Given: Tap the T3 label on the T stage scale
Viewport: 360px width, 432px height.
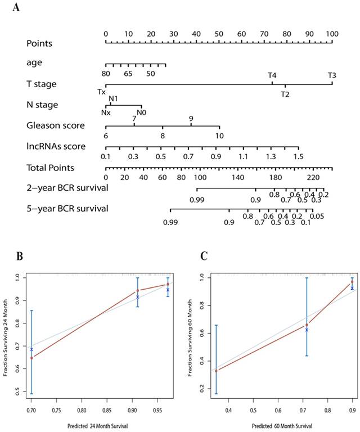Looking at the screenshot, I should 332,75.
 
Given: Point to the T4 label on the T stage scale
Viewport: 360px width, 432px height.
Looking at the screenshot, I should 272,75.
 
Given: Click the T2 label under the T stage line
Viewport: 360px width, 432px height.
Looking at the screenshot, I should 285,94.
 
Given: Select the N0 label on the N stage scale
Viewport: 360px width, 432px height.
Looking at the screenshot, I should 142,112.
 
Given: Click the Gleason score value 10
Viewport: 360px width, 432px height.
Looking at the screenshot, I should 219,136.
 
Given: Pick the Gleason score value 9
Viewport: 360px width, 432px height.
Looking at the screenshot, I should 191,119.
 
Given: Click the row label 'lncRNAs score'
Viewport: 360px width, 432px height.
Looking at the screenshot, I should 56,146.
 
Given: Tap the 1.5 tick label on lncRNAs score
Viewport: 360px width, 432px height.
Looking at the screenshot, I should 299,156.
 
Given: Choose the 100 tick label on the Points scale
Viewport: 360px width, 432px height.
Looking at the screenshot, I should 332,34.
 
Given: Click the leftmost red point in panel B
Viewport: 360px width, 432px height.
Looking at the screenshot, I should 32,358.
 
